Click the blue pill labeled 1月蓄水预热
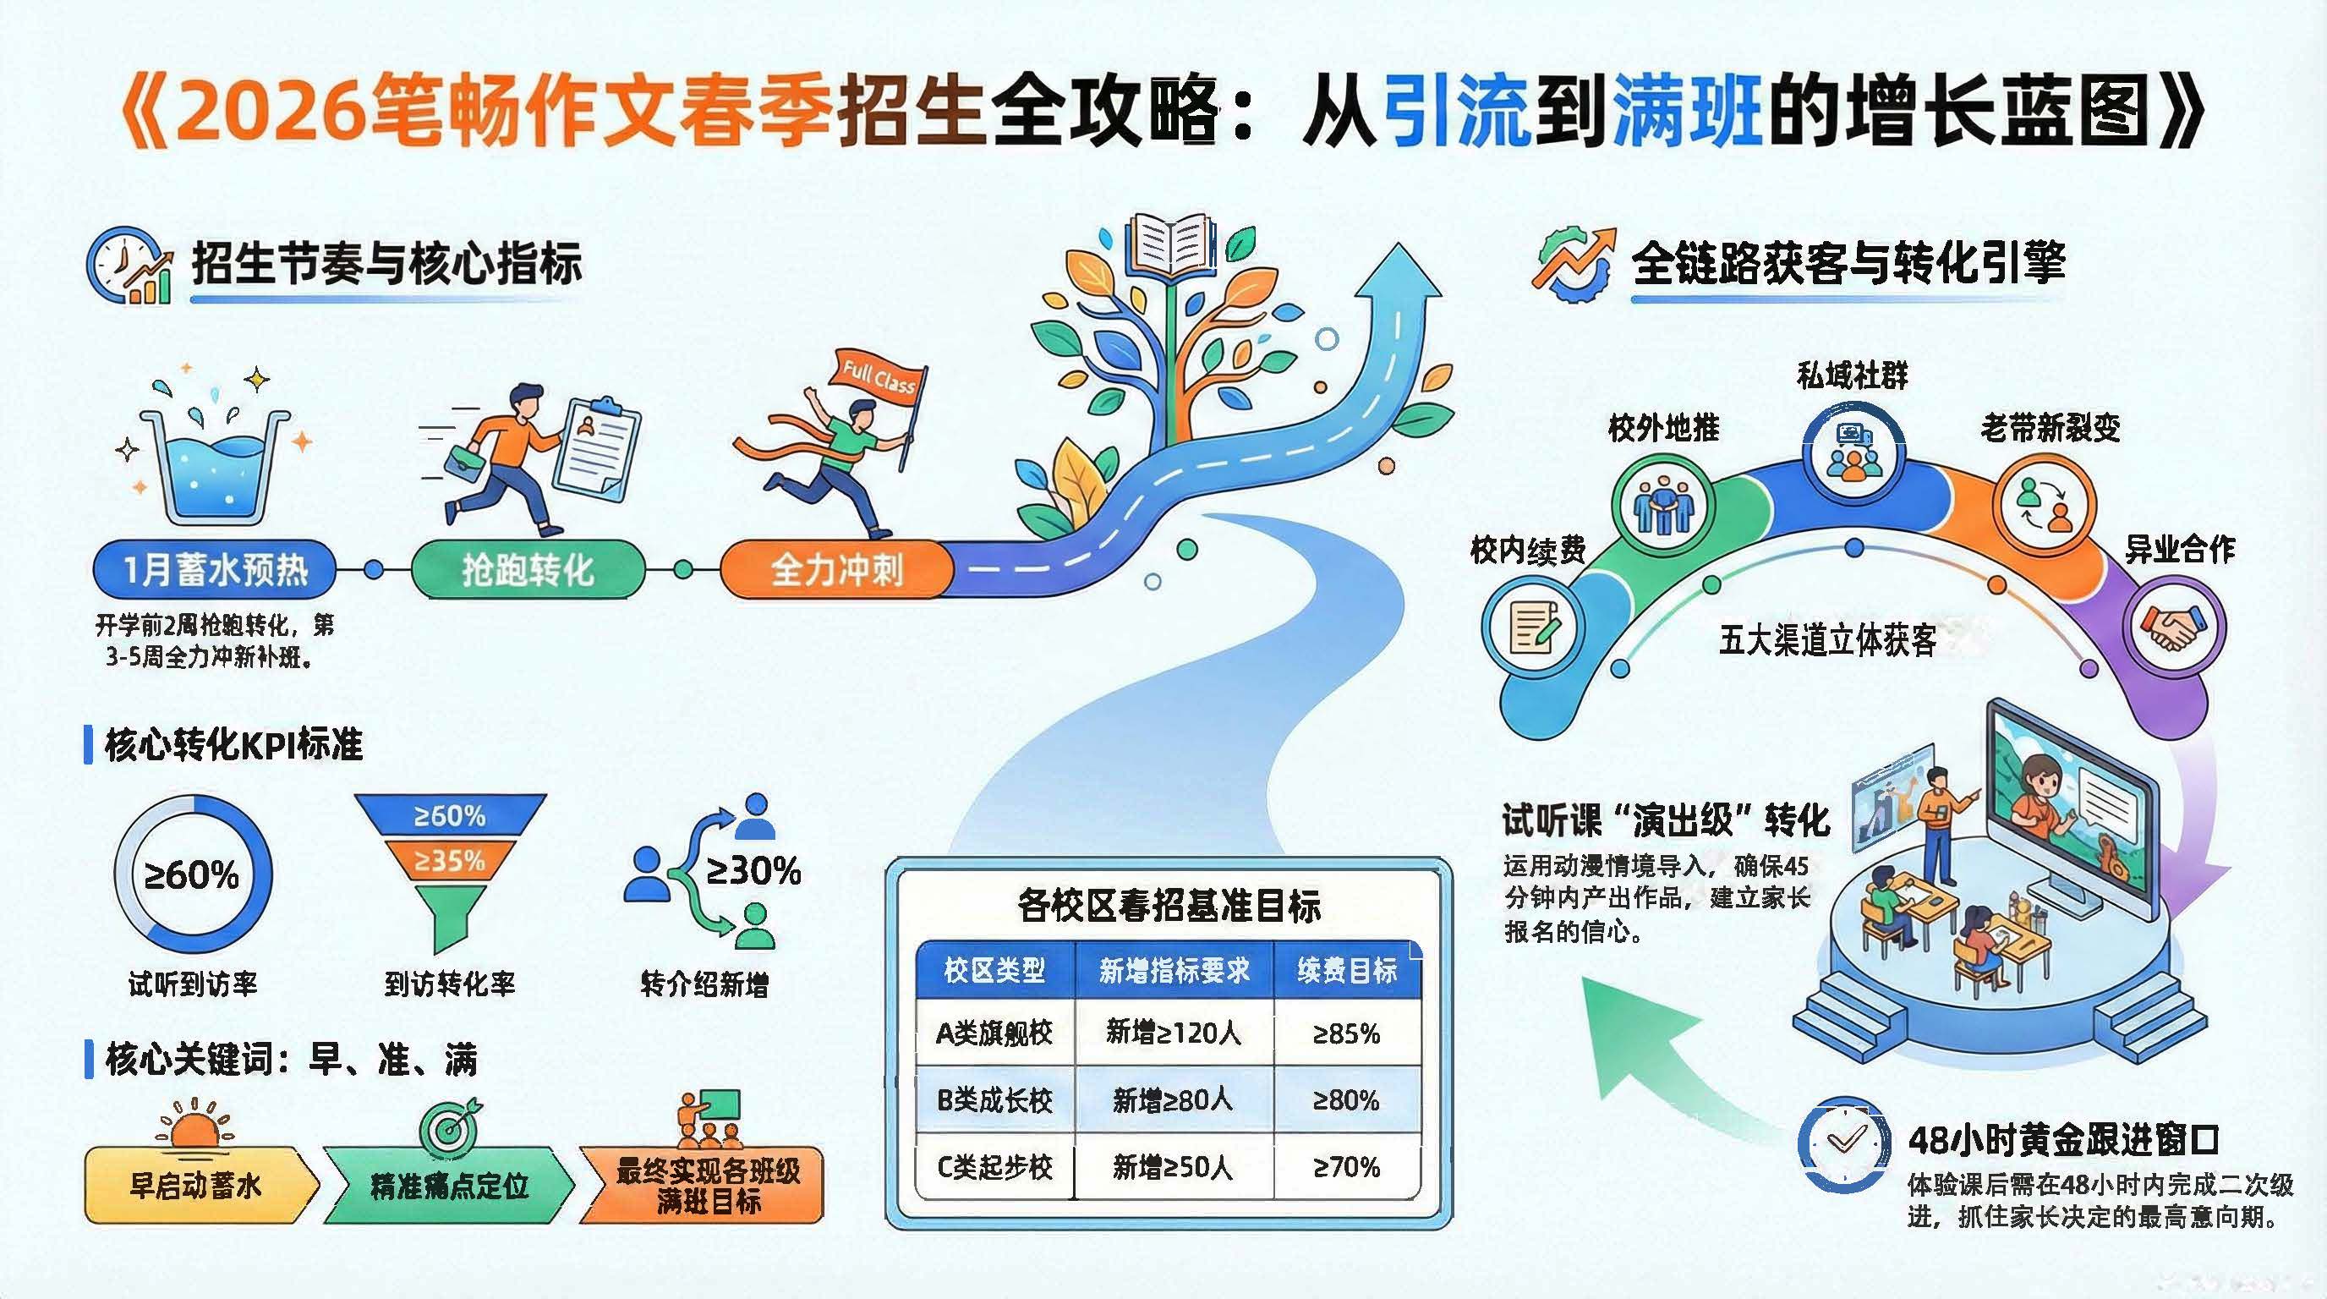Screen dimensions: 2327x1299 point(215,570)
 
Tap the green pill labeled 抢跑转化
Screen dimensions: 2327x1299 point(528,570)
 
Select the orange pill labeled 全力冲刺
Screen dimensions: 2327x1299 point(836,570)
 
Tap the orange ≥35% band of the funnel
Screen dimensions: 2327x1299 point(449,861)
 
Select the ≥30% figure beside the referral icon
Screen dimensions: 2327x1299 point(753,871)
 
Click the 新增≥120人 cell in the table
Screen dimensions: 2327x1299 point(1174,1032)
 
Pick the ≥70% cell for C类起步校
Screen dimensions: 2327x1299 point(1346,1167)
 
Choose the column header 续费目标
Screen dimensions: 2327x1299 point(1347,970)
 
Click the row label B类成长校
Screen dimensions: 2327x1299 point(994,1099)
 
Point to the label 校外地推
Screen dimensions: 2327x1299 point(1664,428)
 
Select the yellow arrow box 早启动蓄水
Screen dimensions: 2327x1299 point(201,1185)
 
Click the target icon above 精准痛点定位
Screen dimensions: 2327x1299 point(451,1123)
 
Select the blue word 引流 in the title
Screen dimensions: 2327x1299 point(1456,112)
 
